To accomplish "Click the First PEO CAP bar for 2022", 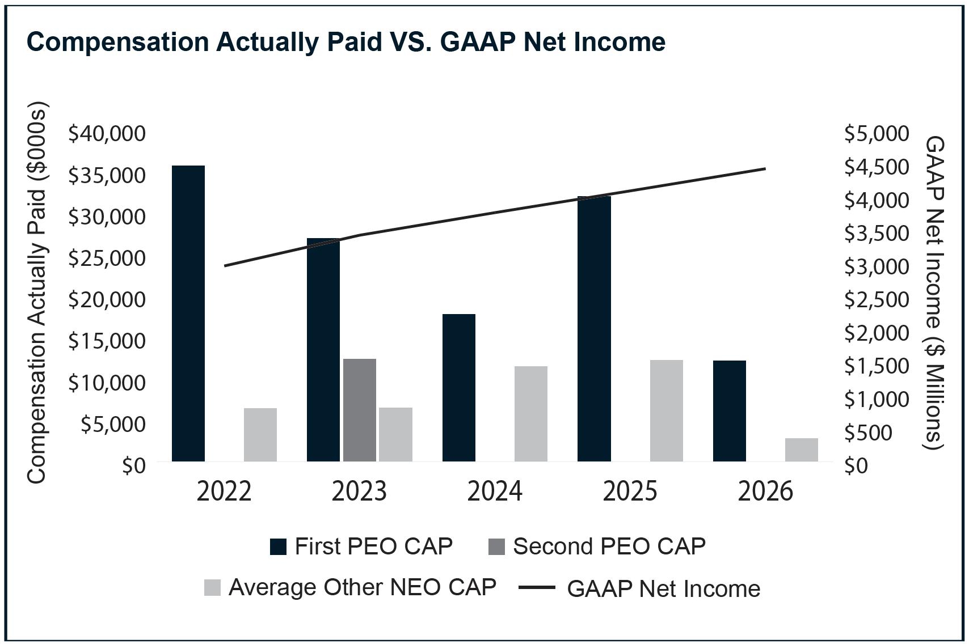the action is (x=188, y=313).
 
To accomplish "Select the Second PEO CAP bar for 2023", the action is (x=360, y=410).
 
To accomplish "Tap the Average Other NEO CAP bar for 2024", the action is (x=531, y=414).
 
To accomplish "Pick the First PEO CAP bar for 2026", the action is (x=730, y=411).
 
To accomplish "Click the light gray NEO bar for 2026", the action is (x=802, y=450).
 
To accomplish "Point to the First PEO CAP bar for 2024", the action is (x=458, y=388).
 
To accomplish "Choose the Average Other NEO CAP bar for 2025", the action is (x=666, y=410).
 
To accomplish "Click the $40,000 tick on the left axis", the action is (x=107, y=134).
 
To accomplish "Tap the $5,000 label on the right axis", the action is (x=877, y=134).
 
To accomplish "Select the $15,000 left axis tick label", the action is (x=107, y=341).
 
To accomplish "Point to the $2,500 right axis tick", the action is (x=877, y=300).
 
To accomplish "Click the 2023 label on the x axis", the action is (x=359, y=492).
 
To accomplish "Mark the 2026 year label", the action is (x=765, y=492).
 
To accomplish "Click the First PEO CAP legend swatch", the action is (x=278, y=546).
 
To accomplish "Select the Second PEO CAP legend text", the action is (x=609, y=546).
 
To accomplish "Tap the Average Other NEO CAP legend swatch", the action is (x=212, y=588).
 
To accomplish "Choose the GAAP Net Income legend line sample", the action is (x=537, y=587).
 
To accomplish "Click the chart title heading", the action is (x=346, y=43).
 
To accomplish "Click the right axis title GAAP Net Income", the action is (x=934, y=293).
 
